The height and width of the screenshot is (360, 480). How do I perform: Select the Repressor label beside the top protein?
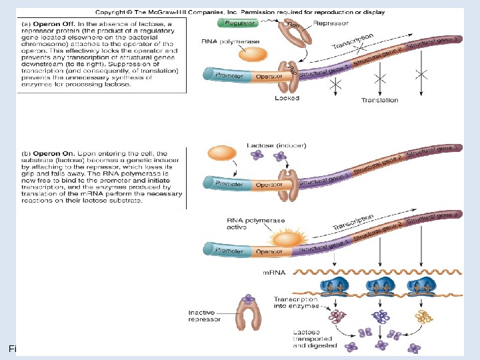(331, 23)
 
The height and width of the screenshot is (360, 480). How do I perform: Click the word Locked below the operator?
(287, 98)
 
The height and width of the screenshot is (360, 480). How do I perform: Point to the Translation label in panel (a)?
(379, 100)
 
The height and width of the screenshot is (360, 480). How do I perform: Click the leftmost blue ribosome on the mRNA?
(337, 287)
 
